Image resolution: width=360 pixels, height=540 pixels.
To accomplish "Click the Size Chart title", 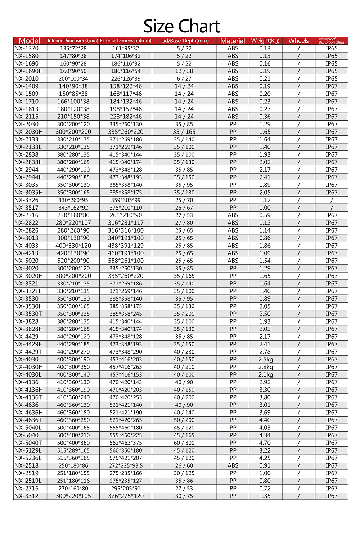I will (x=181, y=26).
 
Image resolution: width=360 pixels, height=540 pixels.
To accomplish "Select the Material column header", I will (x=233, y=41).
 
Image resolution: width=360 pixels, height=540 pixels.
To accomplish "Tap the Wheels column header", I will (x=298, y=41).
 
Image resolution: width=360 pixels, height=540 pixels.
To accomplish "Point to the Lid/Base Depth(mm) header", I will (x=185, y=41).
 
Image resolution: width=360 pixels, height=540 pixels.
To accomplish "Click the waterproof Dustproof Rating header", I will (x=331, y=41).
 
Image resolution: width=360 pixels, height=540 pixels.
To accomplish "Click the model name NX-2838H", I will (x=28, y=162).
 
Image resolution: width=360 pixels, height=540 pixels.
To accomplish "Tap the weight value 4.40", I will (x=265, y=420).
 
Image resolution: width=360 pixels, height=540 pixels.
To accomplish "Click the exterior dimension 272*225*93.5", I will (x=126, y=465).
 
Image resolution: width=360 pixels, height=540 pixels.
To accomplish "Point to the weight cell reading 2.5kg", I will (x=266, y=359).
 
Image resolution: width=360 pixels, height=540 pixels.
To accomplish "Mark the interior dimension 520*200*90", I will (x=73, y=261).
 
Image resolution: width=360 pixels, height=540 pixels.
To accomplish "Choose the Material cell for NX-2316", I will (x=233, y=215).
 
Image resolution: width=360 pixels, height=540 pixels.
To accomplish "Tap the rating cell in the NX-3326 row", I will (x=332, y=200).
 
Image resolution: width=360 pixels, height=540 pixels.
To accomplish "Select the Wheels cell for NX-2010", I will (x=298, y=78).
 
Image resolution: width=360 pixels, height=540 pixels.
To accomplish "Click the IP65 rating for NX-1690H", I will (x=332, y=71).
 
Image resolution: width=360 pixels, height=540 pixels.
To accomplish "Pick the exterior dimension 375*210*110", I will (x=126, y=208).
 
